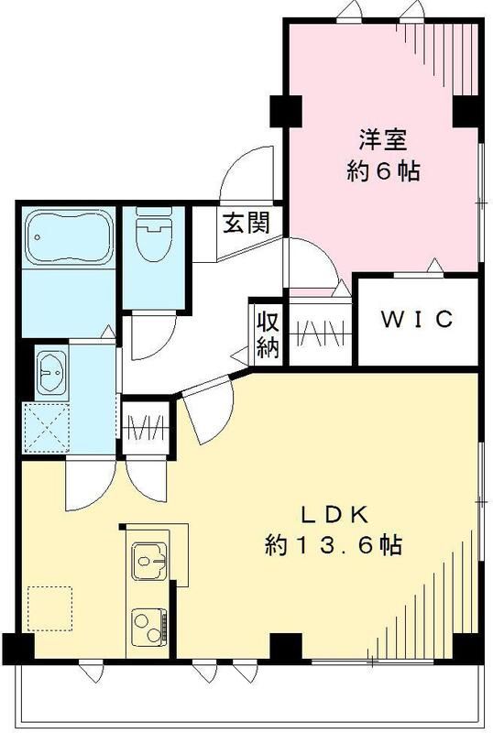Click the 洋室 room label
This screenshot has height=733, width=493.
click(x=382, y=141)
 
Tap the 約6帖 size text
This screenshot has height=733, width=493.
click(x=383, y=171)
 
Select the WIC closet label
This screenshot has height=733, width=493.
click(x=417, y=319)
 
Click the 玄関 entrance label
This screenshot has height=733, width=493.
click(x=246, y=223)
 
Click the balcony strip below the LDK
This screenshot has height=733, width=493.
click(x=247, y=701)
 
